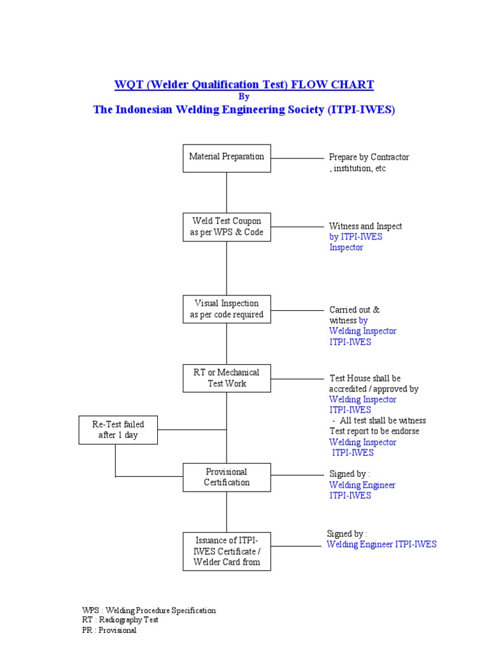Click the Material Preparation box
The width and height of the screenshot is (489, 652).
point(227,157)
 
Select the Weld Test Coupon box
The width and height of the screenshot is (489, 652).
point(227,227)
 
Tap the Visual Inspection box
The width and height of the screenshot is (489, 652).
point(227,309)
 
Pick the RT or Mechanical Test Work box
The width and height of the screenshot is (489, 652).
point(227,378)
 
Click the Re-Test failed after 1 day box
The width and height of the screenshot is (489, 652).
point(118,430)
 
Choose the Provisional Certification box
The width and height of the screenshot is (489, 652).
point(227,477)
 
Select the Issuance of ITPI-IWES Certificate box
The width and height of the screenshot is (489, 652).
point(227,551)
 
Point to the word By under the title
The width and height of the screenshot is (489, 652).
point(244,97)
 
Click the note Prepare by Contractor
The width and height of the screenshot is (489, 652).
point(369,157)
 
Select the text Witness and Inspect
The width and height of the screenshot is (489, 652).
point(365,226)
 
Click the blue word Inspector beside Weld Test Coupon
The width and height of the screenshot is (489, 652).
point(346,248)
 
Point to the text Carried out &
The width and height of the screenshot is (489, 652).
point(354,309)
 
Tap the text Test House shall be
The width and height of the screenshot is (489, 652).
point(365,378)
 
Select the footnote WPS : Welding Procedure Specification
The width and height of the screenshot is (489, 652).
point(149,610)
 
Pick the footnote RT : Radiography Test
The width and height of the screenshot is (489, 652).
point(120,620)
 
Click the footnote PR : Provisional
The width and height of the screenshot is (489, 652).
point(110,630)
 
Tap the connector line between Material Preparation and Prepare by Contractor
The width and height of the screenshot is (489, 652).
point(297,158)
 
